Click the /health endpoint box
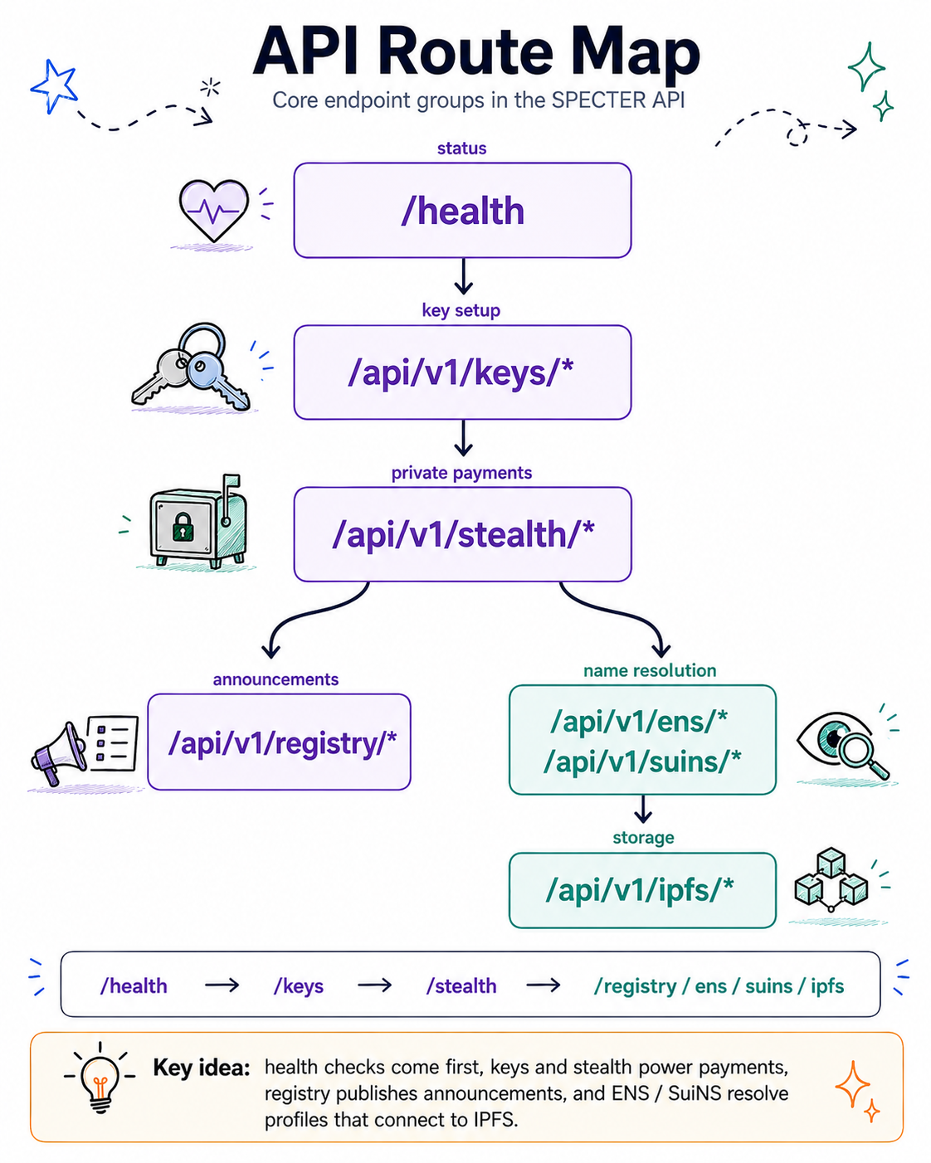(x=462, y=210)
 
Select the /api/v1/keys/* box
(x=462, y=372)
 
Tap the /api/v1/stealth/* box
(x=462, y=534)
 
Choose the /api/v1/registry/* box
(x=279, y=742)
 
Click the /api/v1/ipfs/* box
(x=642, y=890)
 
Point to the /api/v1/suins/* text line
(x=642, y=762)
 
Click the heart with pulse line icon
(x=213, y=210)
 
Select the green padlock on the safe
(x=183, y=527)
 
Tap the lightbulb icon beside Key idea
(x=100, y=1078)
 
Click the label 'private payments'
(x=461, y=473)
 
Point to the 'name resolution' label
(x=650, y=670)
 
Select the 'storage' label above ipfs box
(x=643, y=838)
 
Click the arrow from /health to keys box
(x=463, y=276)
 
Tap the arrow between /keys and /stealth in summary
(x=375, y=985)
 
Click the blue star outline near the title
(x=54, y=86)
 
